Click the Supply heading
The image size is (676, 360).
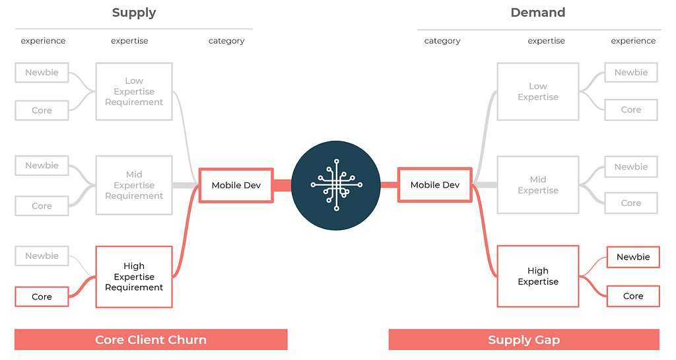coord(134,13)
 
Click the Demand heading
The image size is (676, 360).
coord(537,13)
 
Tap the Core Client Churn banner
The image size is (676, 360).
coord(151,340)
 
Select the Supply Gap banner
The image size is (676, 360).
coord(524,340)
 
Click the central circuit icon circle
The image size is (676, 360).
coord(336,185)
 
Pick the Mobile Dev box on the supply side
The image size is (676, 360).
coord(236,185)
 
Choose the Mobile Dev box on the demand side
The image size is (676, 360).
coord(434,185)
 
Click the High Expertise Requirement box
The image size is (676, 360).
coord(134,277)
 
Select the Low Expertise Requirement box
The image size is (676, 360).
coord(134,91)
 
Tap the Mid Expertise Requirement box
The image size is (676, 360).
coord(134,185)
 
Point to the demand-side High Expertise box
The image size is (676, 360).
coord(537,276)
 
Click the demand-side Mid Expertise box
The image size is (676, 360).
coord(537,185)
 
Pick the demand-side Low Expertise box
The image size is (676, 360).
coord(537,91)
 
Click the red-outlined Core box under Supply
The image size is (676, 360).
coord(42,297)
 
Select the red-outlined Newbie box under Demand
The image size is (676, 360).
coord(632,257)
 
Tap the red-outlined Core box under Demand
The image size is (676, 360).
coord(632,296)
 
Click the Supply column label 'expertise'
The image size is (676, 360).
coord(129,41)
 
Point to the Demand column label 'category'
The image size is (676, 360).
coord(442,41)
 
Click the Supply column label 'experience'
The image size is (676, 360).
coord(43,41)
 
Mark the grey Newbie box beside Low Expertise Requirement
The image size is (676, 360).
coord(42,73)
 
